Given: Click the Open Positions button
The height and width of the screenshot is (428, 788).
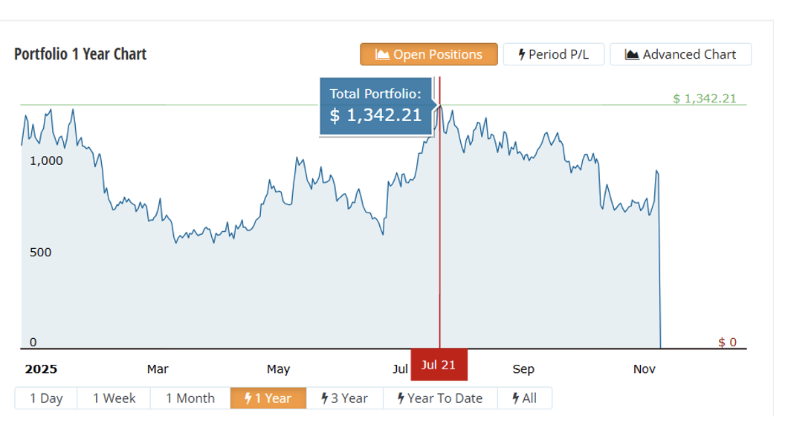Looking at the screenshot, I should tap(429, 54).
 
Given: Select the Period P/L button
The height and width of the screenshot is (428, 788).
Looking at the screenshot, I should tap(553, 54).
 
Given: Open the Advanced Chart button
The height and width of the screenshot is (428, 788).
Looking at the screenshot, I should tap(680, 54).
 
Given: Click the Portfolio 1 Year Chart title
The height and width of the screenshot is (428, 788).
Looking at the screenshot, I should tap(80, 54).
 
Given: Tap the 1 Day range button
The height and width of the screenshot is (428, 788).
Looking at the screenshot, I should tap(46, 398).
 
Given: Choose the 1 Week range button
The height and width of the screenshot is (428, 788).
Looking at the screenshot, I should tap(114, 398).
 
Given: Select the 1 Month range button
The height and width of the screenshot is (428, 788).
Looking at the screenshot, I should tap(190, 398).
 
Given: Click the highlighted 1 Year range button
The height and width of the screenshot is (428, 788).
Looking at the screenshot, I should tap(268, 398).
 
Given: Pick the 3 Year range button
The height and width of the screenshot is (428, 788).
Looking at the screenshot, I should tap(344, 398).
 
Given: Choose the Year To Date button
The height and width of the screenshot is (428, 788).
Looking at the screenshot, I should tap(439, 398).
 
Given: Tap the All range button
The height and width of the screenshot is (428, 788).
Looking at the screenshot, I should tap(524, 398).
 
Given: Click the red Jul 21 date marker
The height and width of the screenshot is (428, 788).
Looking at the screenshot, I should tap(439, 364).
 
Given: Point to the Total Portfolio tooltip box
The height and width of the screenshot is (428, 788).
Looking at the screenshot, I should tap(375, 106).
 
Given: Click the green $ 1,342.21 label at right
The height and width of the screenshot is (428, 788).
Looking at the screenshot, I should tap(704, 98).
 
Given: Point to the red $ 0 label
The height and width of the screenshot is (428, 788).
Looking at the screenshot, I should tap(727, 342).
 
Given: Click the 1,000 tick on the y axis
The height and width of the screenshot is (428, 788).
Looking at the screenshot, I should tap(46, 160).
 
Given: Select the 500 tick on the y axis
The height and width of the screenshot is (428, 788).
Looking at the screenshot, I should tap(40, 253).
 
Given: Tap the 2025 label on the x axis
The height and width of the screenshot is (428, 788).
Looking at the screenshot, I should tap(41, 369).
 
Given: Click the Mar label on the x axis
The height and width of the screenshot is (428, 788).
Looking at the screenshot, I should tap(158, 369).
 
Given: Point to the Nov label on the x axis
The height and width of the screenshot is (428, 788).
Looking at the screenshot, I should tap(644, 369).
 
